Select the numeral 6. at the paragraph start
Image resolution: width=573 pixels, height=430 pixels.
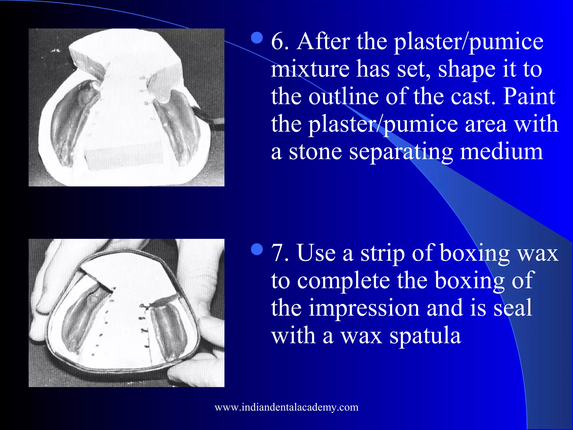pyautogui.click(x=280, y=41)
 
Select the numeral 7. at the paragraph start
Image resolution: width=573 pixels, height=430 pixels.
pyautogui.click(x=280, y=253)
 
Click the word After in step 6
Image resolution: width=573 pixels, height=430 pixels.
pyautogui.click(x=323, y=41)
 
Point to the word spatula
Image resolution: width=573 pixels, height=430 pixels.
pyautogui.click(x=425, y=335)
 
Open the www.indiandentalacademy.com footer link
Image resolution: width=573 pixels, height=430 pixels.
pyautogui.click(x=286, y=407)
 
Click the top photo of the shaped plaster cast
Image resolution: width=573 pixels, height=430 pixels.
pyautogui.click(x=126, y=107)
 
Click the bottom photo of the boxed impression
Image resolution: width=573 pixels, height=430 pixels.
pyautogui.click(x=126, y=313)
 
